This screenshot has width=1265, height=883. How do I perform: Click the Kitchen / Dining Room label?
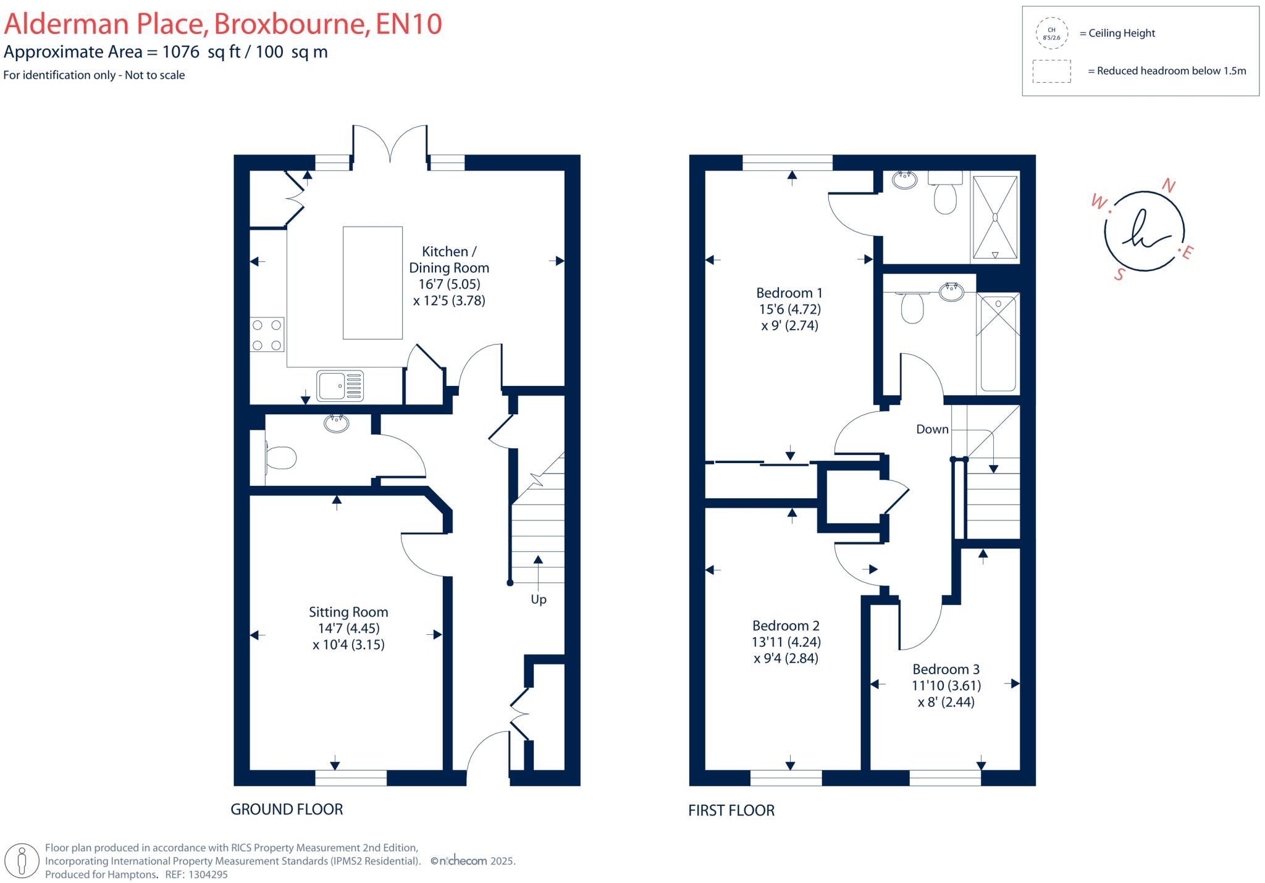pos(449,259)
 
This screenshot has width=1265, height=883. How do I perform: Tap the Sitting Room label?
pos(348,612)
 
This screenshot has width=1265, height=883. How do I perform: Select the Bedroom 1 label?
pos(789,293)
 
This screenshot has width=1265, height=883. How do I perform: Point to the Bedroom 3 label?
pos(946,669)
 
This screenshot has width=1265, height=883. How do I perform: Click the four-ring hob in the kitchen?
pos(267,334)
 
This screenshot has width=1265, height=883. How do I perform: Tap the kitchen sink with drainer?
pos(340,385)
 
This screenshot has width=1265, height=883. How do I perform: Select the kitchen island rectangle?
pos(372,283)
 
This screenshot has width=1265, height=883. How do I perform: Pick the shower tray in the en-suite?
pos(994,217)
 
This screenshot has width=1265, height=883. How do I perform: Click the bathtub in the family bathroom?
pos(998,343)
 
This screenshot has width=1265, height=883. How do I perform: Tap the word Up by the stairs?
pos(539,600)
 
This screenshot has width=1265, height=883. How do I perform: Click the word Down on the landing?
pos(932,429)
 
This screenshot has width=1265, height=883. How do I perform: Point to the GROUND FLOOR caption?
pos(287,810)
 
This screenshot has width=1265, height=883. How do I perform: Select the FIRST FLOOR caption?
pos(731,811)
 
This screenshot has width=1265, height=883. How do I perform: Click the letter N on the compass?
pos(1169,185)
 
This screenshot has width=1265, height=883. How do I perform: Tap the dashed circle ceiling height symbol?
pos(1051,33)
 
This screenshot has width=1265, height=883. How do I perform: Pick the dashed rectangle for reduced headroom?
pos(1051,71)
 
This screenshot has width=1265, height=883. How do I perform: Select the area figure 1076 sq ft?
pos(201,52)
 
